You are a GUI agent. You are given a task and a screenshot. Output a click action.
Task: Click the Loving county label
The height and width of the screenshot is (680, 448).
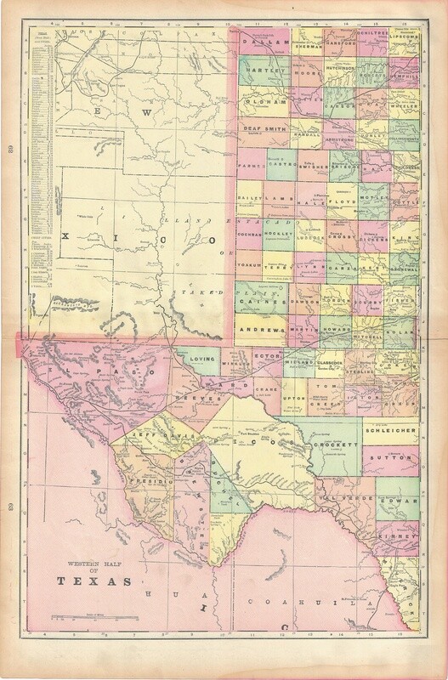pyautogui.click(x=206, y=360)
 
